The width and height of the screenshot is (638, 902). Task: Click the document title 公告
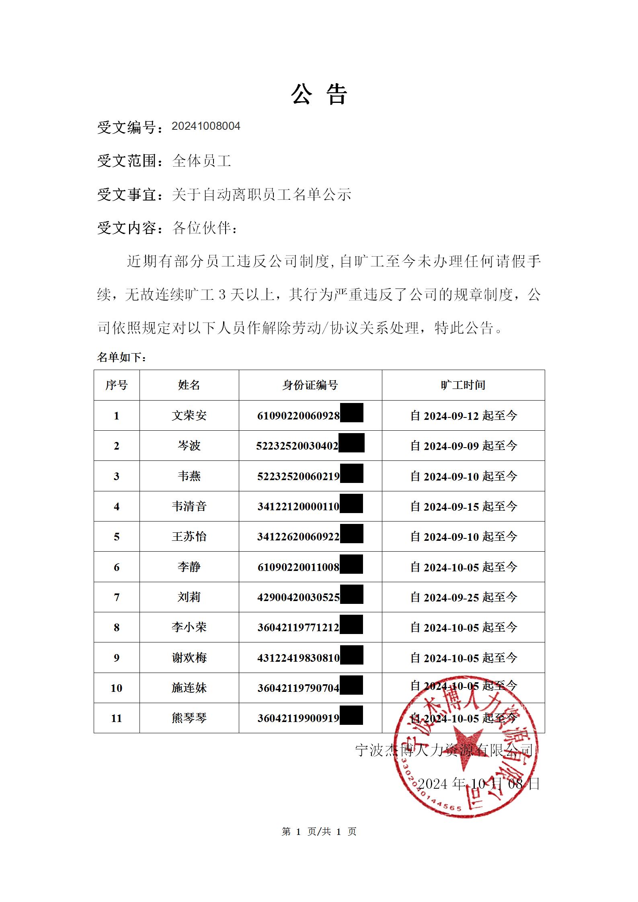[x=319, y=95]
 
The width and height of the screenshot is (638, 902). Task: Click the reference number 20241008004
[x=206, y=126]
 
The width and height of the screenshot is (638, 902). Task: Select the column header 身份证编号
[x=310, y=385]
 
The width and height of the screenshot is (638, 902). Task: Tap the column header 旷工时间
[x=463, y=385]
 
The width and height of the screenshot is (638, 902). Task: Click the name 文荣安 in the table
[x=189, y=415]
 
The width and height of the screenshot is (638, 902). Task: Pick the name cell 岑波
[x=189, y=446]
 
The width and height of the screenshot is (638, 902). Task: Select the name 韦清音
[x=189, y=506]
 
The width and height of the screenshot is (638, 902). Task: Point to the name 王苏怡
[x=189, y=536]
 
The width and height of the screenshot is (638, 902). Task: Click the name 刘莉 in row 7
[x=189, y=597]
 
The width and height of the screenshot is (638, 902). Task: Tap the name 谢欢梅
[x=189, y=658]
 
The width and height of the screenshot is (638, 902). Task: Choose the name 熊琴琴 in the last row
[x=189, y=718]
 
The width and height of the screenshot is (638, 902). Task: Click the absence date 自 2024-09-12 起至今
[x=464, y=415]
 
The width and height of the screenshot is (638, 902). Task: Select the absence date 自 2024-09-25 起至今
[x=464, y=597]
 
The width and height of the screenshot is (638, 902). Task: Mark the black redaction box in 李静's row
[x=351, y=564]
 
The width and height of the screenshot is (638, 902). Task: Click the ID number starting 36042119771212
[x=298, y=628]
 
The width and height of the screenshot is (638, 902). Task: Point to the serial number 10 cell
[x=117, y=688]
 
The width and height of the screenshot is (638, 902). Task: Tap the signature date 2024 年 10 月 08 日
[x=478, y=784]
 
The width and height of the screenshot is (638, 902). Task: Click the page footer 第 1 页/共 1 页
[x=319, y=832]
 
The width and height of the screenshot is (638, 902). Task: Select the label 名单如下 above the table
[x=121, y=357]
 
